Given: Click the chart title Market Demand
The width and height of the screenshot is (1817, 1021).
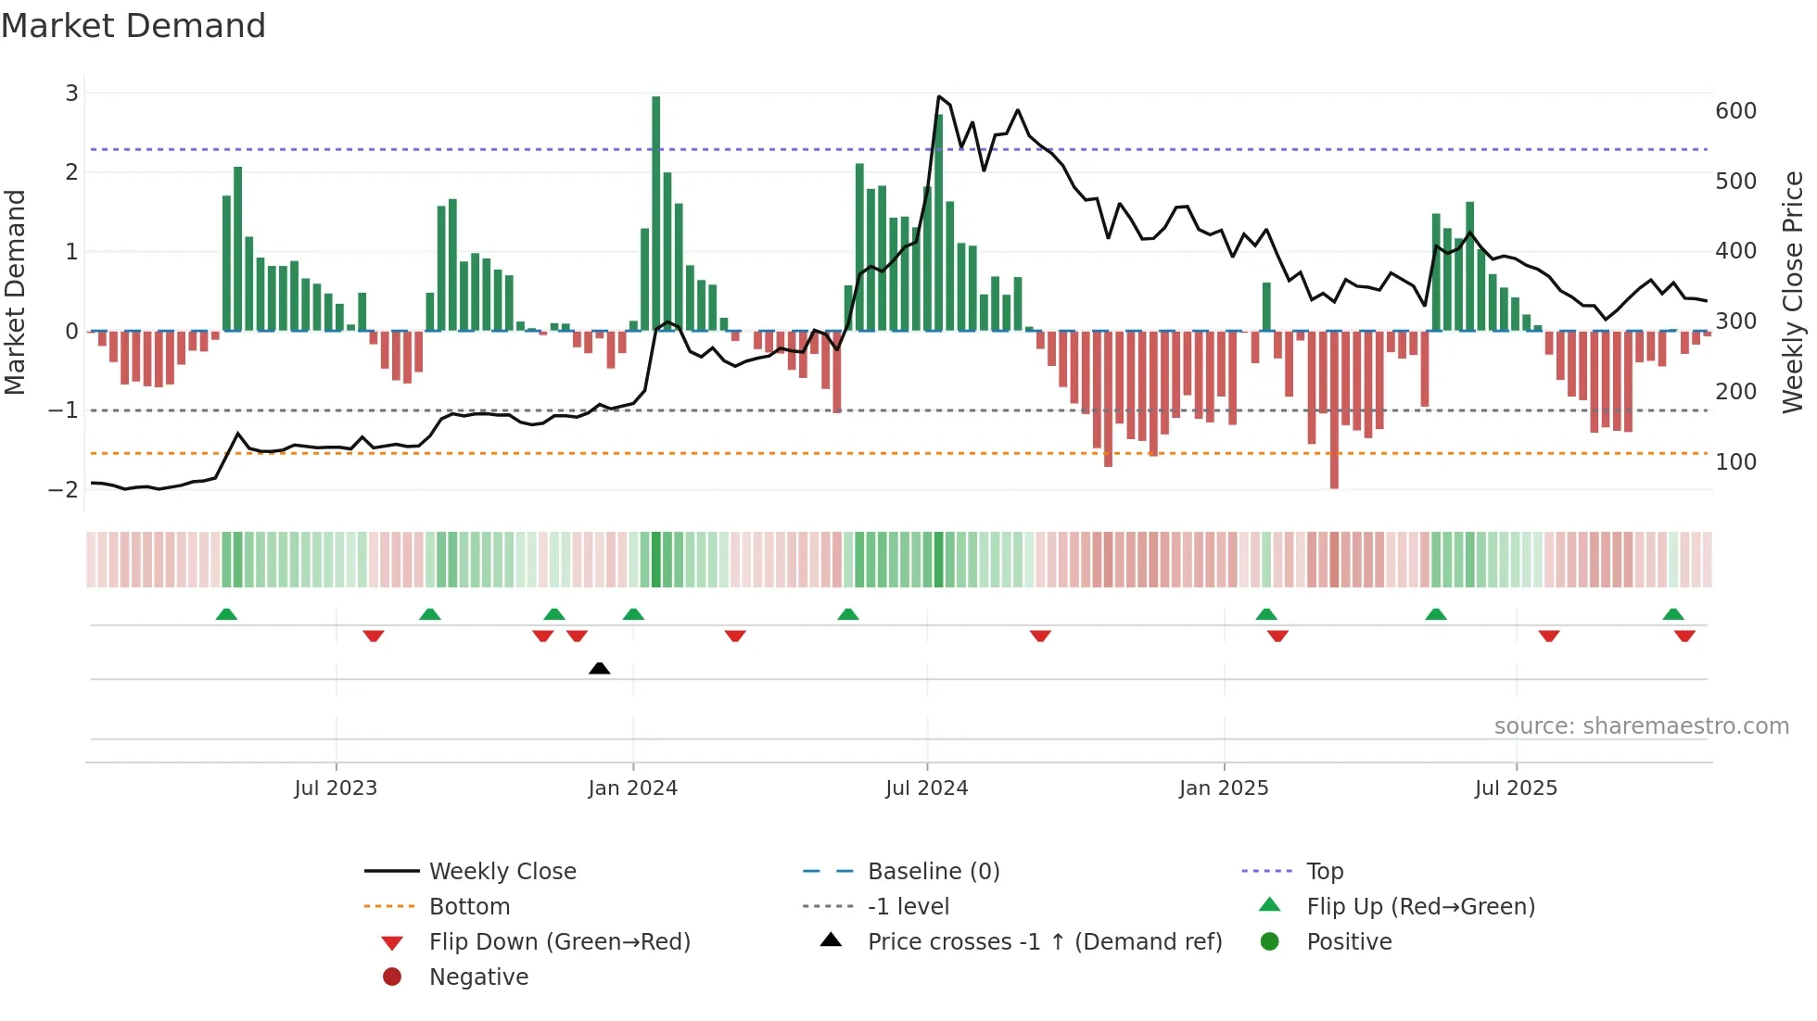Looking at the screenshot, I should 133,26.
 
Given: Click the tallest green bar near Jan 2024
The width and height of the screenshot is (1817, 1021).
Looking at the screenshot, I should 656,213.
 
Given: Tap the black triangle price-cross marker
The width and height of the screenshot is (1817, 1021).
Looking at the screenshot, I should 600,668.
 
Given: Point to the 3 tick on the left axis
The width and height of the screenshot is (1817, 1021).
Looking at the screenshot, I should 71,93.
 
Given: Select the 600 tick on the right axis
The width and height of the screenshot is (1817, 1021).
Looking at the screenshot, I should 1735,111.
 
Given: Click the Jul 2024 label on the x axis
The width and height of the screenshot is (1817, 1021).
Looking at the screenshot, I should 926,788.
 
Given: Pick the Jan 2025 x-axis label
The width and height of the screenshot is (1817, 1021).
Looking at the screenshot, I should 1224,788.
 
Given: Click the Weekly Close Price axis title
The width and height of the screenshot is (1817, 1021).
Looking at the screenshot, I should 1793,292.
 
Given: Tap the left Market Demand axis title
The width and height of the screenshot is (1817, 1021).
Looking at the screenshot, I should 16,292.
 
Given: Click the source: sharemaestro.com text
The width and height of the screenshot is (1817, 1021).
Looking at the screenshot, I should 1641,726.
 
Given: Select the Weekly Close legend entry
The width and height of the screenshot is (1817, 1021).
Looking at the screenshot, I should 502,872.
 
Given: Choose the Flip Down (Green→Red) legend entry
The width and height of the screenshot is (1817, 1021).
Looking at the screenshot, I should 559,942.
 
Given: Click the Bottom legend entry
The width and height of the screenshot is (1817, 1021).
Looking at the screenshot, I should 469,907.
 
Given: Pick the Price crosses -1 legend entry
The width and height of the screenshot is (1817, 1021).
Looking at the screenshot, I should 1044,942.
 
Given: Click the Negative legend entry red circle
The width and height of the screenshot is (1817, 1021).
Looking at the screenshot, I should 392,977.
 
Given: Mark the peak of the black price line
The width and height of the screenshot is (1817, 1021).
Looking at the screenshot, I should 939,96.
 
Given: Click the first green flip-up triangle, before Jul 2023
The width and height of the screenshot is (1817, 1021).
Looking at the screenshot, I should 226,614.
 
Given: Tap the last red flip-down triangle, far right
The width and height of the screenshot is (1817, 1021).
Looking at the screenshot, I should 1684,636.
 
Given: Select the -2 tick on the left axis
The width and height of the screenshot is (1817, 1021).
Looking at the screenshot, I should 64,489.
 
